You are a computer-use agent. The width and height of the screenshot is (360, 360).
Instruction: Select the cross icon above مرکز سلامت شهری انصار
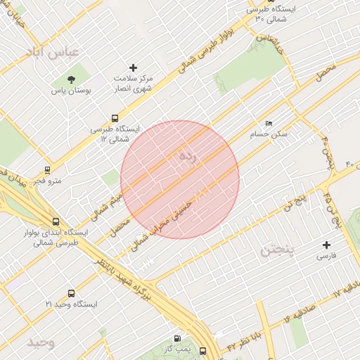point(133,67)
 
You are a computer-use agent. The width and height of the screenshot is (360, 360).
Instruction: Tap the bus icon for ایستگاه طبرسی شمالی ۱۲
point(115,119)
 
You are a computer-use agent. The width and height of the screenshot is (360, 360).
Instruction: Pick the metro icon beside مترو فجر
point(47,169)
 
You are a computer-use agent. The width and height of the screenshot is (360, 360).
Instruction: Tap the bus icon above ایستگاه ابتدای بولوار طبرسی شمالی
point(56,221)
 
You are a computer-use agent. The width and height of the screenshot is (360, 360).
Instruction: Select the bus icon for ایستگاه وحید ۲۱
point(71,293)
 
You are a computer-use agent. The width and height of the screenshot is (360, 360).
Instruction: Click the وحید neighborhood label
point(41,342)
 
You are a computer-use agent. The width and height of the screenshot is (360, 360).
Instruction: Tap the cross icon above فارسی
point(326,245)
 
